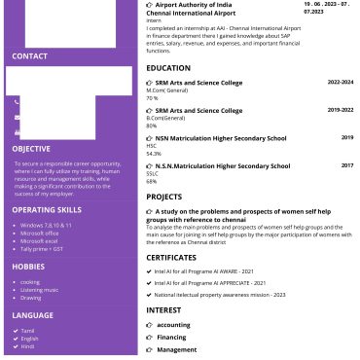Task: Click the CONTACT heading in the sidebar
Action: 29,56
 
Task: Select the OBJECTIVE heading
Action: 32,149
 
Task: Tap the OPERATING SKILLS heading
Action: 47,209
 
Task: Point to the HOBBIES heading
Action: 28,266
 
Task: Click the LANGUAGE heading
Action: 32,315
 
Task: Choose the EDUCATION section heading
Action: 168,68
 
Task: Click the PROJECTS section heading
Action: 164,197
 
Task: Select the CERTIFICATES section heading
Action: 171,257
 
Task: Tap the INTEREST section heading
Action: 163,309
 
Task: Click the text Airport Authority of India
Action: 195,5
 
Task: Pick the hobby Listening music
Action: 39,290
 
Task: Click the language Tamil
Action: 28,330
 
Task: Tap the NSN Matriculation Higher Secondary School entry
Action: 221,138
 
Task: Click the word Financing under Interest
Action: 171,337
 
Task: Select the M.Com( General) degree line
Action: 166,90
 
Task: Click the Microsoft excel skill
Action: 40,240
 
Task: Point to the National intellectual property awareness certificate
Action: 219,293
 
